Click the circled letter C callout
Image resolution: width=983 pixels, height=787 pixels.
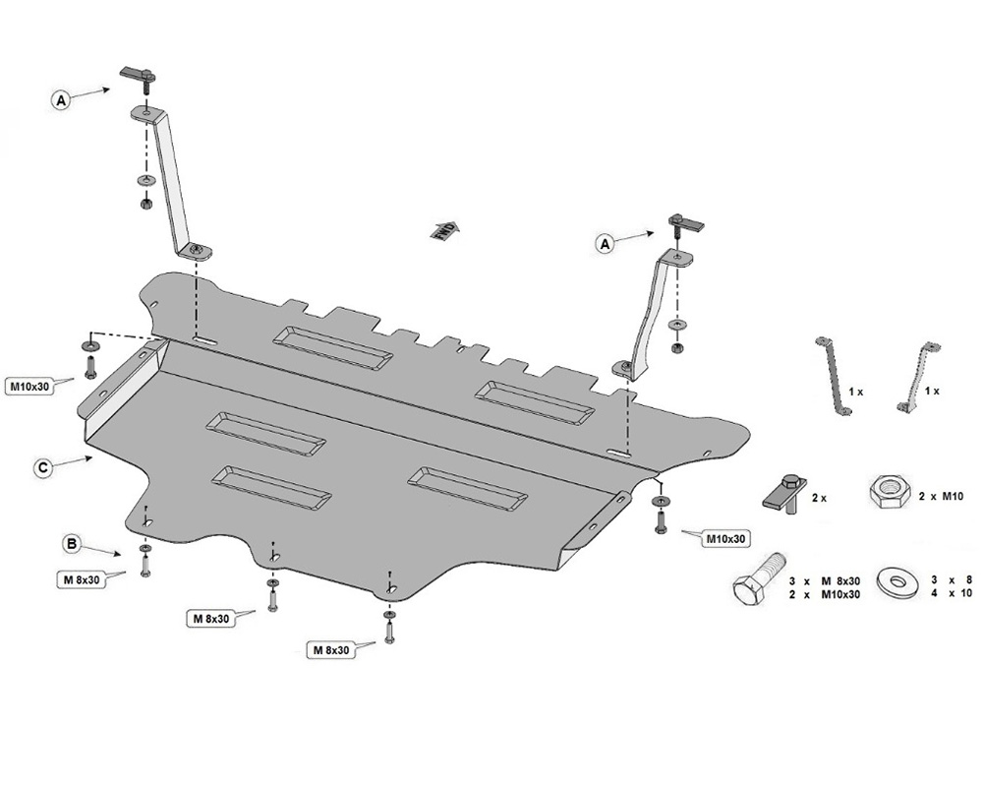click(42, 468)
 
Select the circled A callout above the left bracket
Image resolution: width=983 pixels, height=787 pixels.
click(62, 99)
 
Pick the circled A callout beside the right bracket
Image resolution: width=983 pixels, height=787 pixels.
click(606, 242)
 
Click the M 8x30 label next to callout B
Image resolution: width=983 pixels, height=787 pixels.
click(81, 579)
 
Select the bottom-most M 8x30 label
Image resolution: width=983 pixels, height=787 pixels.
click(332, 650)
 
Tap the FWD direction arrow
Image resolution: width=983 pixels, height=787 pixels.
click(444, 231)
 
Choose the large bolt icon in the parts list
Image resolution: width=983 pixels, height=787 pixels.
click(758, 582)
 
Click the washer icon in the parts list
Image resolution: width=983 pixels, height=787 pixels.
click(896, 582)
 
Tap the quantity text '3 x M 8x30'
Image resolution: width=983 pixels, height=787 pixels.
click(825, 580)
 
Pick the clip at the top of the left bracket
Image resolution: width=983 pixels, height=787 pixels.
click(139, 74)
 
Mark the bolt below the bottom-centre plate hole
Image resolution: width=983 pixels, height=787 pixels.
click(389, 631)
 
